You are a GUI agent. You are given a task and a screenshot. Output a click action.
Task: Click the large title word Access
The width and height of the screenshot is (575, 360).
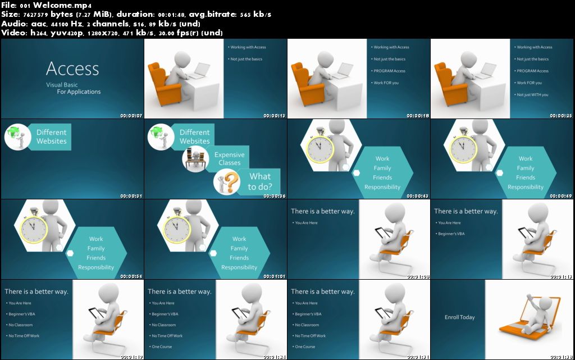tap(72, 69)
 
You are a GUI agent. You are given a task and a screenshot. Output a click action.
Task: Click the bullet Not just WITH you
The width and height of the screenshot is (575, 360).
tap(532, 94)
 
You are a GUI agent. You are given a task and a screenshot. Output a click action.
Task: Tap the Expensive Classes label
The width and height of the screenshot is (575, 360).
tap(229, 159)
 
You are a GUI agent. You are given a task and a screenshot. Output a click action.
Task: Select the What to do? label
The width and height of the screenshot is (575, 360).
tap(261, 181)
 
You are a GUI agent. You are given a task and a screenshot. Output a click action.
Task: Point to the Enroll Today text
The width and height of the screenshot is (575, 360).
tap(459, 317)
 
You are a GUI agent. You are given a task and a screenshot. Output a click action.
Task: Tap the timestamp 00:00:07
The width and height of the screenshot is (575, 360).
tap(131, 116)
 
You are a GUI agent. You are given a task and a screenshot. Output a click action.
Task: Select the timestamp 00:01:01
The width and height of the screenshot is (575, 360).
tap(275, 276)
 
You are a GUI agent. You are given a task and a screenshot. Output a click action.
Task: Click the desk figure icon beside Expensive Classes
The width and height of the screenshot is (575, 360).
tap(197, 158)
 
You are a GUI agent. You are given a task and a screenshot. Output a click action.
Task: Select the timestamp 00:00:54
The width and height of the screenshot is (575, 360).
tap(131, 276)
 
